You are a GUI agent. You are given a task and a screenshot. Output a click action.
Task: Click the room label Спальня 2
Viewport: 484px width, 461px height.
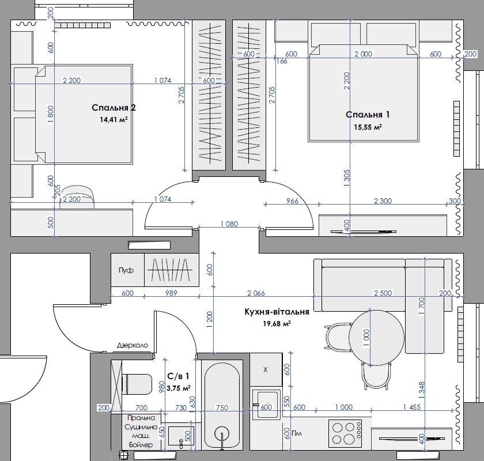coord(114,108)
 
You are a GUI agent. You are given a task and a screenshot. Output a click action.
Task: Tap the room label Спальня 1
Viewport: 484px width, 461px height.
coord(368,115)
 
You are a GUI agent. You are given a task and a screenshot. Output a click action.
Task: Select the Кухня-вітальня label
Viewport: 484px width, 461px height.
coord(277,312)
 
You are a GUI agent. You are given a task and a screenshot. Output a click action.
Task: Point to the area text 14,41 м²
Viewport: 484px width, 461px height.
coord(114,119)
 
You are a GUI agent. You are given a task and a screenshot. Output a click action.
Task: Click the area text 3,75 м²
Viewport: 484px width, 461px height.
coord(179,388)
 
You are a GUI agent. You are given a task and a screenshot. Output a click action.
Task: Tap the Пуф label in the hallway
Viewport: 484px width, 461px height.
coord(126,270)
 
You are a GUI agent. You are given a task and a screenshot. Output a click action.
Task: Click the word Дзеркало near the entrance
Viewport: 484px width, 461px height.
coord(133,345)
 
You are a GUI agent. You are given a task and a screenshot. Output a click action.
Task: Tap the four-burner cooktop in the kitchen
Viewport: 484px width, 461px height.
coord(345,433)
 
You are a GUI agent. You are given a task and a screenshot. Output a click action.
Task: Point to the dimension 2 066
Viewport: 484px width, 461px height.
coord(256,293)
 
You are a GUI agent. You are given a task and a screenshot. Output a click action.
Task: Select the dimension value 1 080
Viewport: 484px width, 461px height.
coord(229,224)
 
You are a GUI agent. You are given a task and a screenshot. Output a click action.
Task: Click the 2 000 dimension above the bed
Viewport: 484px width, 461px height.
coord(364,54)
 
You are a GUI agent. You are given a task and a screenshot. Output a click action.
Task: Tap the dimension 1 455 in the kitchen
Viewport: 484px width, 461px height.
coord(412,407)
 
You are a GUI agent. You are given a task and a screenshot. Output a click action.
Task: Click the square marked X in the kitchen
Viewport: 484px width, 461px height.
coord(266,369)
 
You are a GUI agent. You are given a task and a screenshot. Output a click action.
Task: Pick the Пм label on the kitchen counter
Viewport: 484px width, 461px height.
coord(296,433)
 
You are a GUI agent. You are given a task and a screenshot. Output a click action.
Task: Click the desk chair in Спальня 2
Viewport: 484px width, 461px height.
coord(78,196)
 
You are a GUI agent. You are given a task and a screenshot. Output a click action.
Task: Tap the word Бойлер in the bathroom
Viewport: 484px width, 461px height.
coord(141,445)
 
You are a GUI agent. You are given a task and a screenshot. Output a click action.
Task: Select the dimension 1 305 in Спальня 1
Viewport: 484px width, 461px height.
coord(347,178)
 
